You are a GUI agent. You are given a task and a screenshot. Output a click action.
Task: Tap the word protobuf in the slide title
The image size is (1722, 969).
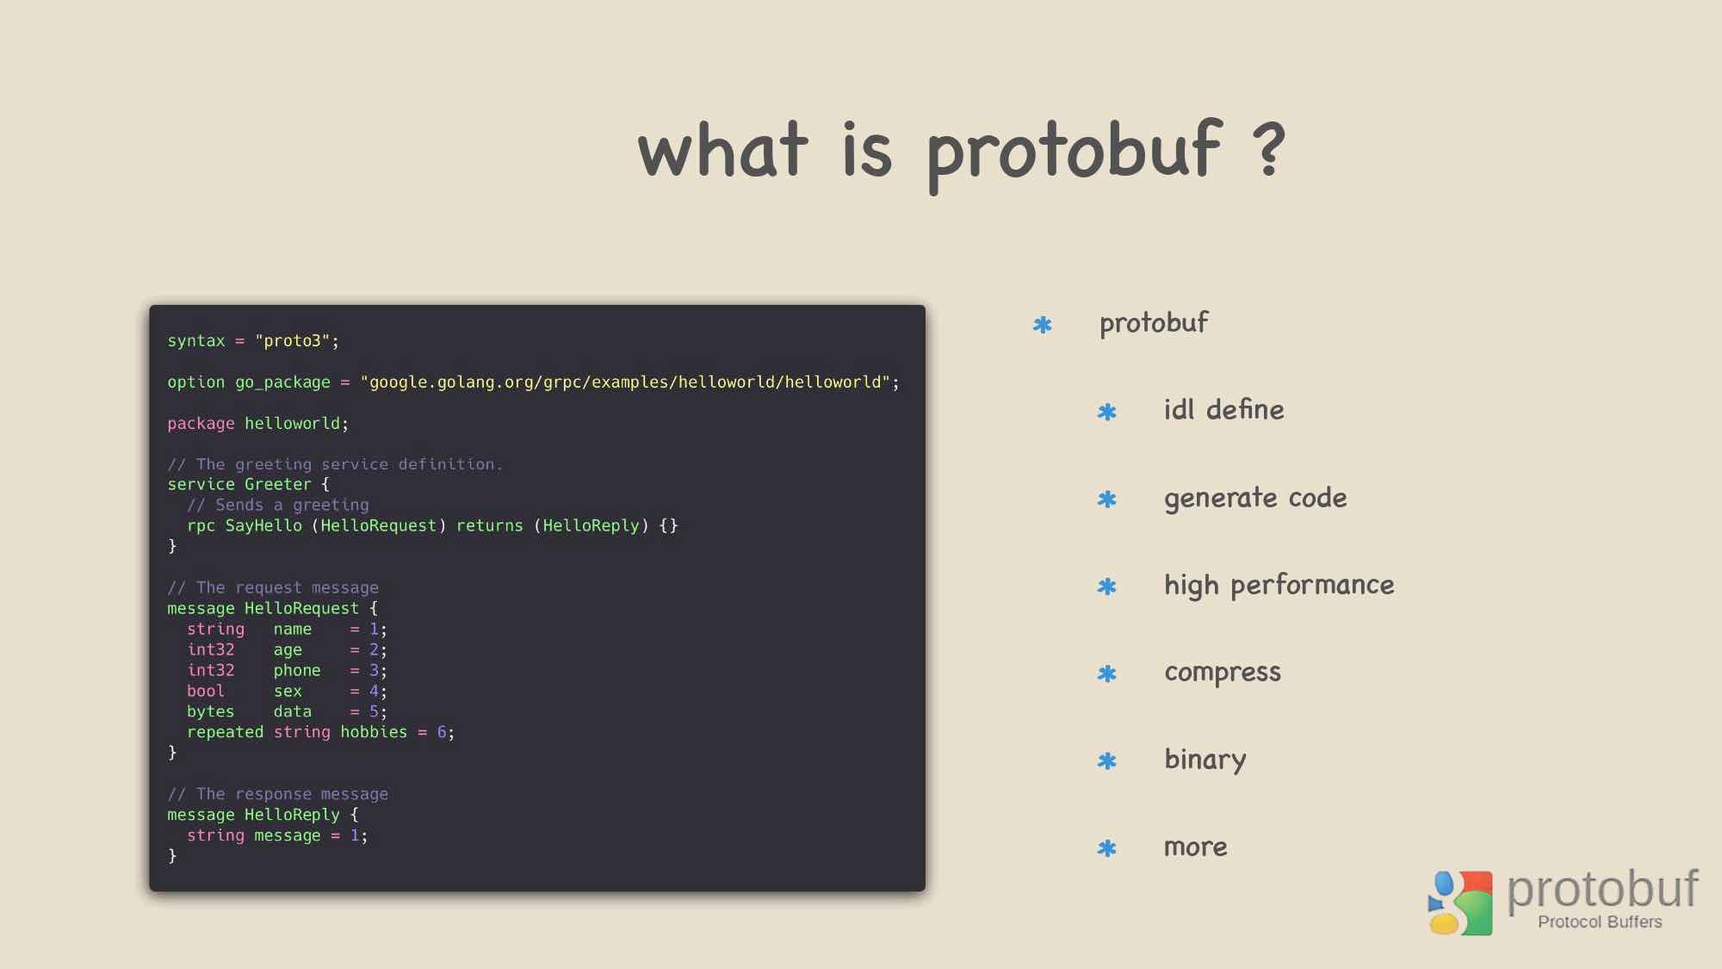coord(1075,154)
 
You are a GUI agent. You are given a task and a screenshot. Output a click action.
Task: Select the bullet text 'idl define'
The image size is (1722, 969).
coord(1223,409)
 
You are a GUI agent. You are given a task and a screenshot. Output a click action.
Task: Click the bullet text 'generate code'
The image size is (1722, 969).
coord(1255,499)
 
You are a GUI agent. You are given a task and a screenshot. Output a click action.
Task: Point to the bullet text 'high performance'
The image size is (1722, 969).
coord(1279,586)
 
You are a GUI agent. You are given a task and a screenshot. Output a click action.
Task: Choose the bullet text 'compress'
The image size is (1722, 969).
coord(1223,673)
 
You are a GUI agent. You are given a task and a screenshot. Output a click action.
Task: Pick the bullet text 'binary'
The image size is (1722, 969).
coord(1205,760)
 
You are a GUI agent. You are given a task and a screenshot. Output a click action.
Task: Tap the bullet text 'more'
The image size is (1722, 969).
coord(1195,848)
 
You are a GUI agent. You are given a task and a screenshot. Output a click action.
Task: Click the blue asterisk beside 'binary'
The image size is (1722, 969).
coord(1107,761)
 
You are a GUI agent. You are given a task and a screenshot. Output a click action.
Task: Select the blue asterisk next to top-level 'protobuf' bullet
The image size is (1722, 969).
coord(1043,325)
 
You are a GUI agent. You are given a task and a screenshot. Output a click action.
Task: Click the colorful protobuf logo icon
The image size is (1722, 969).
coord(1460,903)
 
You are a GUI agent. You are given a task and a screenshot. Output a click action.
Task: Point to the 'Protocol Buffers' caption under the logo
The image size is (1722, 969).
coord(1600,922)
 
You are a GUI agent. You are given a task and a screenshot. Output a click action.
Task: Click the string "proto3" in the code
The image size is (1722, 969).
coord(293,340)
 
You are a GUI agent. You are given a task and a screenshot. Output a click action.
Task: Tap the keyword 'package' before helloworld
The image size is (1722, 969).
coord(201,424)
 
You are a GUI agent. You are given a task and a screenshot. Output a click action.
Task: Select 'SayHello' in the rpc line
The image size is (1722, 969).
coord(263,525)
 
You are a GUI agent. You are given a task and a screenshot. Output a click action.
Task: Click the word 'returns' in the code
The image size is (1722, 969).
coord(490,525)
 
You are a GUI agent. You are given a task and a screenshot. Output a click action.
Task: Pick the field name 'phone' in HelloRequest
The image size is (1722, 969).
coord(297,670)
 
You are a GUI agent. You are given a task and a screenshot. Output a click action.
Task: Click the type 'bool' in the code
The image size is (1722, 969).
coord(206,691)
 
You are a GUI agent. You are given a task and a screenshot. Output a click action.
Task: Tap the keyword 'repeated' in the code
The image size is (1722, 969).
coord(226,732)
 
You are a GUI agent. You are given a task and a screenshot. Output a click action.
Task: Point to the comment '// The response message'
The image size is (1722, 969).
coord(277,794)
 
